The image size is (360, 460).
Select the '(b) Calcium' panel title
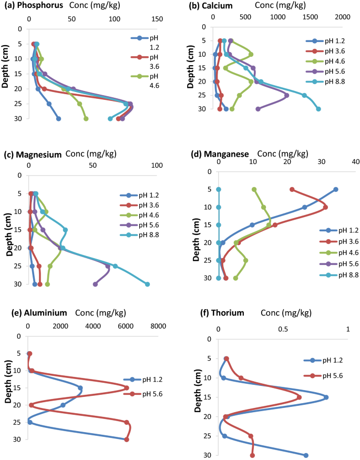click(216, 5)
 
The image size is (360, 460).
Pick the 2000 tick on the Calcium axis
click(342, 17)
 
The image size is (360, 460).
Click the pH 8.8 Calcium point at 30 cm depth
click(318, 109)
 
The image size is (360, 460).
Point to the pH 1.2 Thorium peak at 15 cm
click(326, 397)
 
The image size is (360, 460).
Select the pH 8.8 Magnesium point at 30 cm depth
click(147, 284)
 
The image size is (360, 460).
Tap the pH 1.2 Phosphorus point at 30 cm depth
click(59, 119)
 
